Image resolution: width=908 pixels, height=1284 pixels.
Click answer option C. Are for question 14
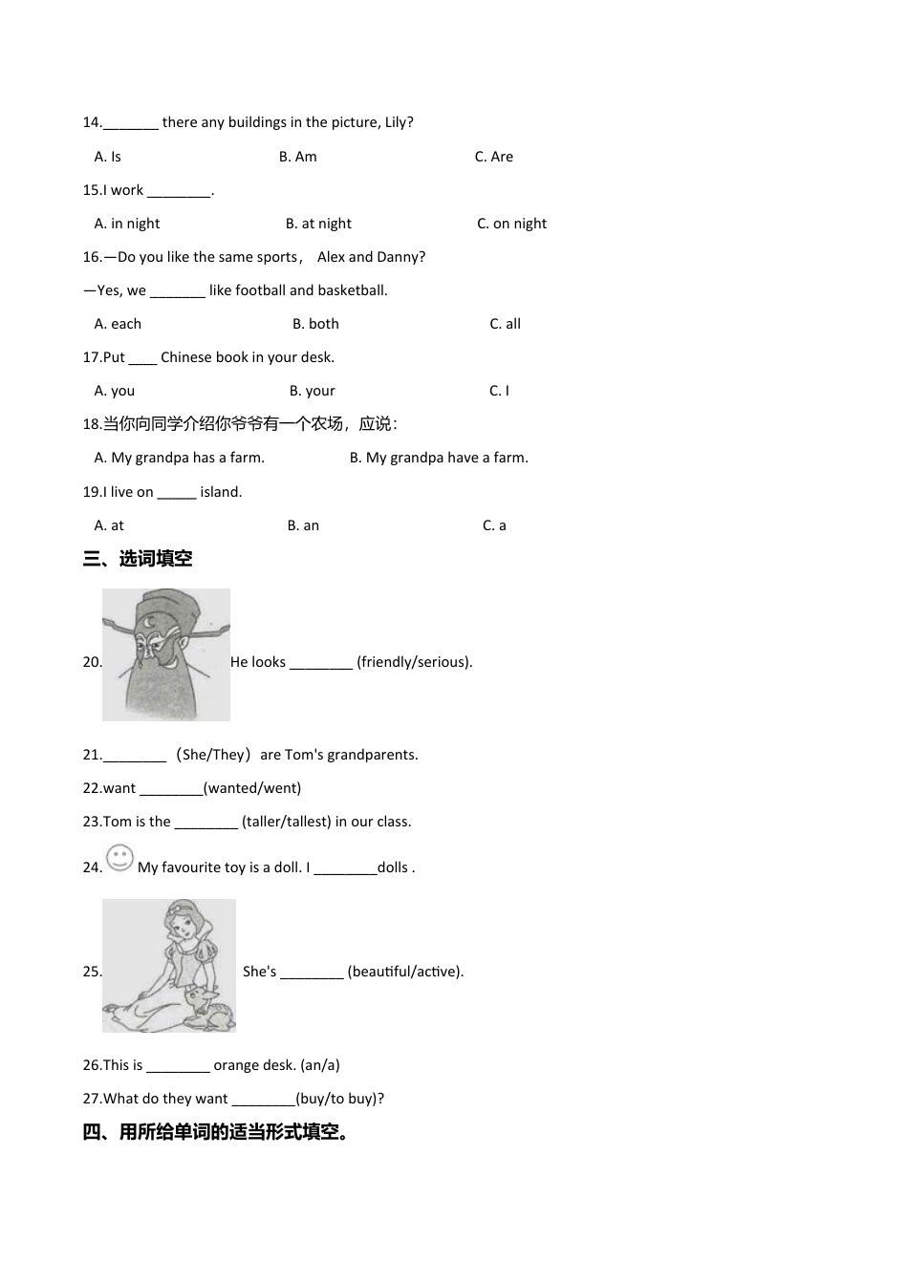tap(493, 157)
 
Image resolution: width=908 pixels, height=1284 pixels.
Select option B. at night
tap(318, 224)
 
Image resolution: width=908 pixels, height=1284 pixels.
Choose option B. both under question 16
tap(315, 324)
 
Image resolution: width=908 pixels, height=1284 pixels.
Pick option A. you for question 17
tap(115, 391)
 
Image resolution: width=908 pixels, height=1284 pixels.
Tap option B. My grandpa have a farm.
tap(439, 458)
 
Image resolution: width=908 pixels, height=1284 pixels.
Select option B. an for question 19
tap(303, 525)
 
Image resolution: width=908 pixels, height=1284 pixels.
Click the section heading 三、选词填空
tap(138, 559)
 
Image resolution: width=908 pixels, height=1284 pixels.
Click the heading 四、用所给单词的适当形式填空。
tap(217, 1132)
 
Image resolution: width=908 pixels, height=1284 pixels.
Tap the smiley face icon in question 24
tap(119, 858)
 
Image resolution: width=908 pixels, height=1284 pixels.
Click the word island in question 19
tap(221, 492)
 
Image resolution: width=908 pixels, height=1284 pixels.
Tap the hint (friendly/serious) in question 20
tap(414, 662)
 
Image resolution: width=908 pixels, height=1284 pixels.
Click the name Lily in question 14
tap(396, 122)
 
